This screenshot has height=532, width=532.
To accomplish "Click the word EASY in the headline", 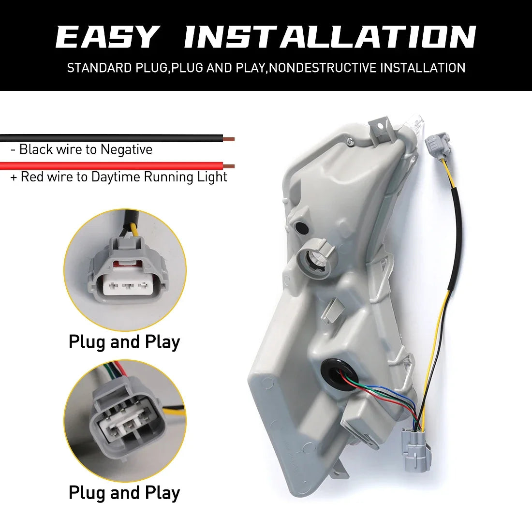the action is click(107, 37).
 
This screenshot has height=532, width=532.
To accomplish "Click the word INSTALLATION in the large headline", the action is click(330, 37).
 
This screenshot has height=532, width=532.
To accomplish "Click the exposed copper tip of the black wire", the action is click(229, 139).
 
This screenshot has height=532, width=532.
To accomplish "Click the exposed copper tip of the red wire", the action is click(229, 166).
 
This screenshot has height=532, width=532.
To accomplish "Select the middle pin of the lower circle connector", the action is click(127, 425).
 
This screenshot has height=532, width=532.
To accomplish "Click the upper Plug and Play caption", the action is click(124, 342).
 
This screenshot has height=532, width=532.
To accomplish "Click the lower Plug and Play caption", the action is click(124, 493).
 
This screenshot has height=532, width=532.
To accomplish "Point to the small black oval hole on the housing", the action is click(301, 228).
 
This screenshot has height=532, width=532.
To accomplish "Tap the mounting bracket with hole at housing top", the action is click(382, 128).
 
